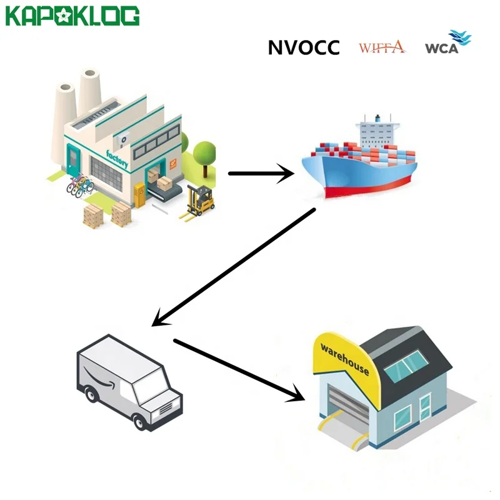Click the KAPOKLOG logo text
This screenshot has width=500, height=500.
tap(72, 16)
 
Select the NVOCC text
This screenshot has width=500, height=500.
tap(304, 47)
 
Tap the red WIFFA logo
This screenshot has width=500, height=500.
tap(382, 47)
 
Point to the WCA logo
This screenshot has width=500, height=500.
tap(446, 45)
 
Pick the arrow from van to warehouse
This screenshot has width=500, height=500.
tap(237, 369)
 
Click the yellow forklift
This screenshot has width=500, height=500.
tap(199, 200)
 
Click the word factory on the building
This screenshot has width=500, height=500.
tap(118, 160)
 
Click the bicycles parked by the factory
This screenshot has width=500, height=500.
tap(80, 185)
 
